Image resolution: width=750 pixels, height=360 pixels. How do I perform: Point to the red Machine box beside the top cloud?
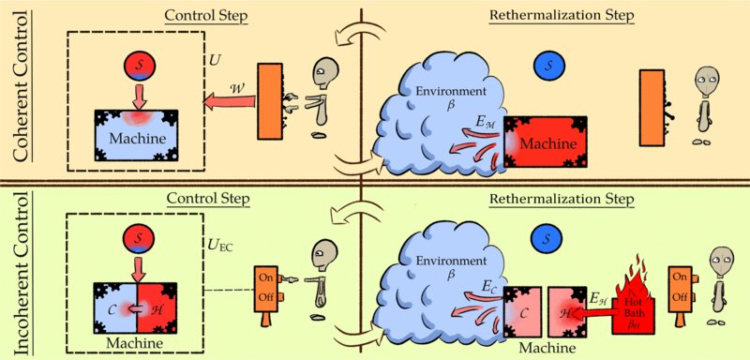click(546, 142)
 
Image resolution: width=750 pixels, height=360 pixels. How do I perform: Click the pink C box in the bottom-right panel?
click(521, 312)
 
